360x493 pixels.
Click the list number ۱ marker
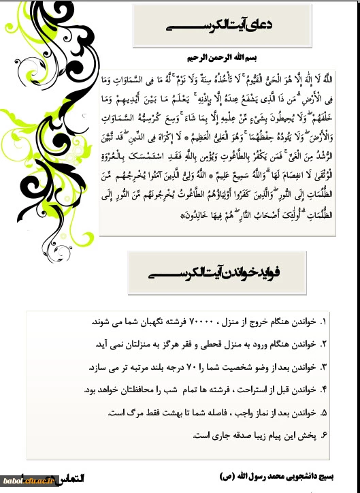(323, 320)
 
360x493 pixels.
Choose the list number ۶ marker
(323, 434)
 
